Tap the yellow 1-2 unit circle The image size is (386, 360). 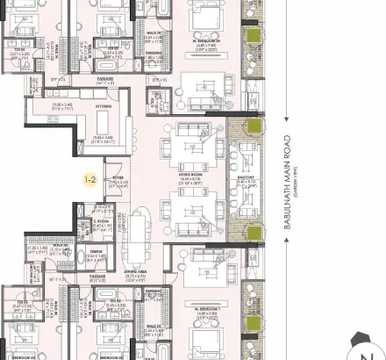(x=89, y=180)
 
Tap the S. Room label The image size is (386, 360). (x=88, y=220)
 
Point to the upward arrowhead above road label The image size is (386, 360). (x=286, y=5)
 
